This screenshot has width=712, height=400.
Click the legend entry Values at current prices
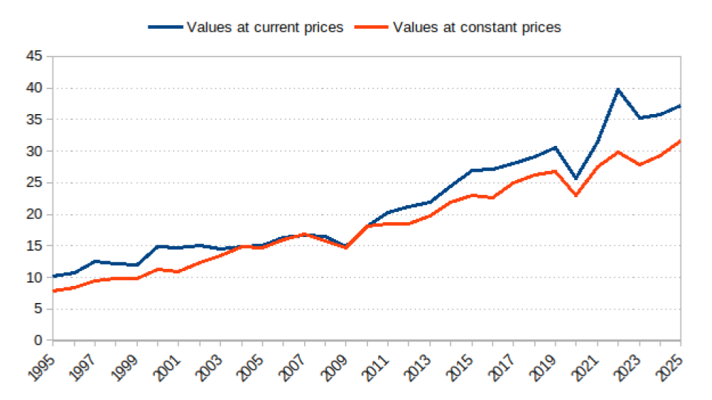coord(265,27)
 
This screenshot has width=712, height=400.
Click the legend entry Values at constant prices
coord(477,27)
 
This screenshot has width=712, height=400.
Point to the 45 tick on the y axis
coord(33,56)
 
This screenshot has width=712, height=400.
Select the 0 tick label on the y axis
coord(37,341)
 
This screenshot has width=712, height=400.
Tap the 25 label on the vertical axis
coord(33,183)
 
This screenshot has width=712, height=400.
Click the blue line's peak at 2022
coord(618,89)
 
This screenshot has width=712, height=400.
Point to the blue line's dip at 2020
coord(576,179)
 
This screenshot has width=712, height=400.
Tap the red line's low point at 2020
coord(576,195)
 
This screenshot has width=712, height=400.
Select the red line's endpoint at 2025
coord(681,141)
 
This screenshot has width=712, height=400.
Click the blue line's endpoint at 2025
coord(681,106)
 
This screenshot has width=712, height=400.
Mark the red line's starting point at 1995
coord(53,291)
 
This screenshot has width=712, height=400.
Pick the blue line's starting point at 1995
coord(53,276)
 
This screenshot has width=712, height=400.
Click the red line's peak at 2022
coord(618,152)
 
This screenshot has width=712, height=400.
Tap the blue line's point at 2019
coord(556,147)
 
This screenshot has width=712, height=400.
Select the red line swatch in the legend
coord(371,27)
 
